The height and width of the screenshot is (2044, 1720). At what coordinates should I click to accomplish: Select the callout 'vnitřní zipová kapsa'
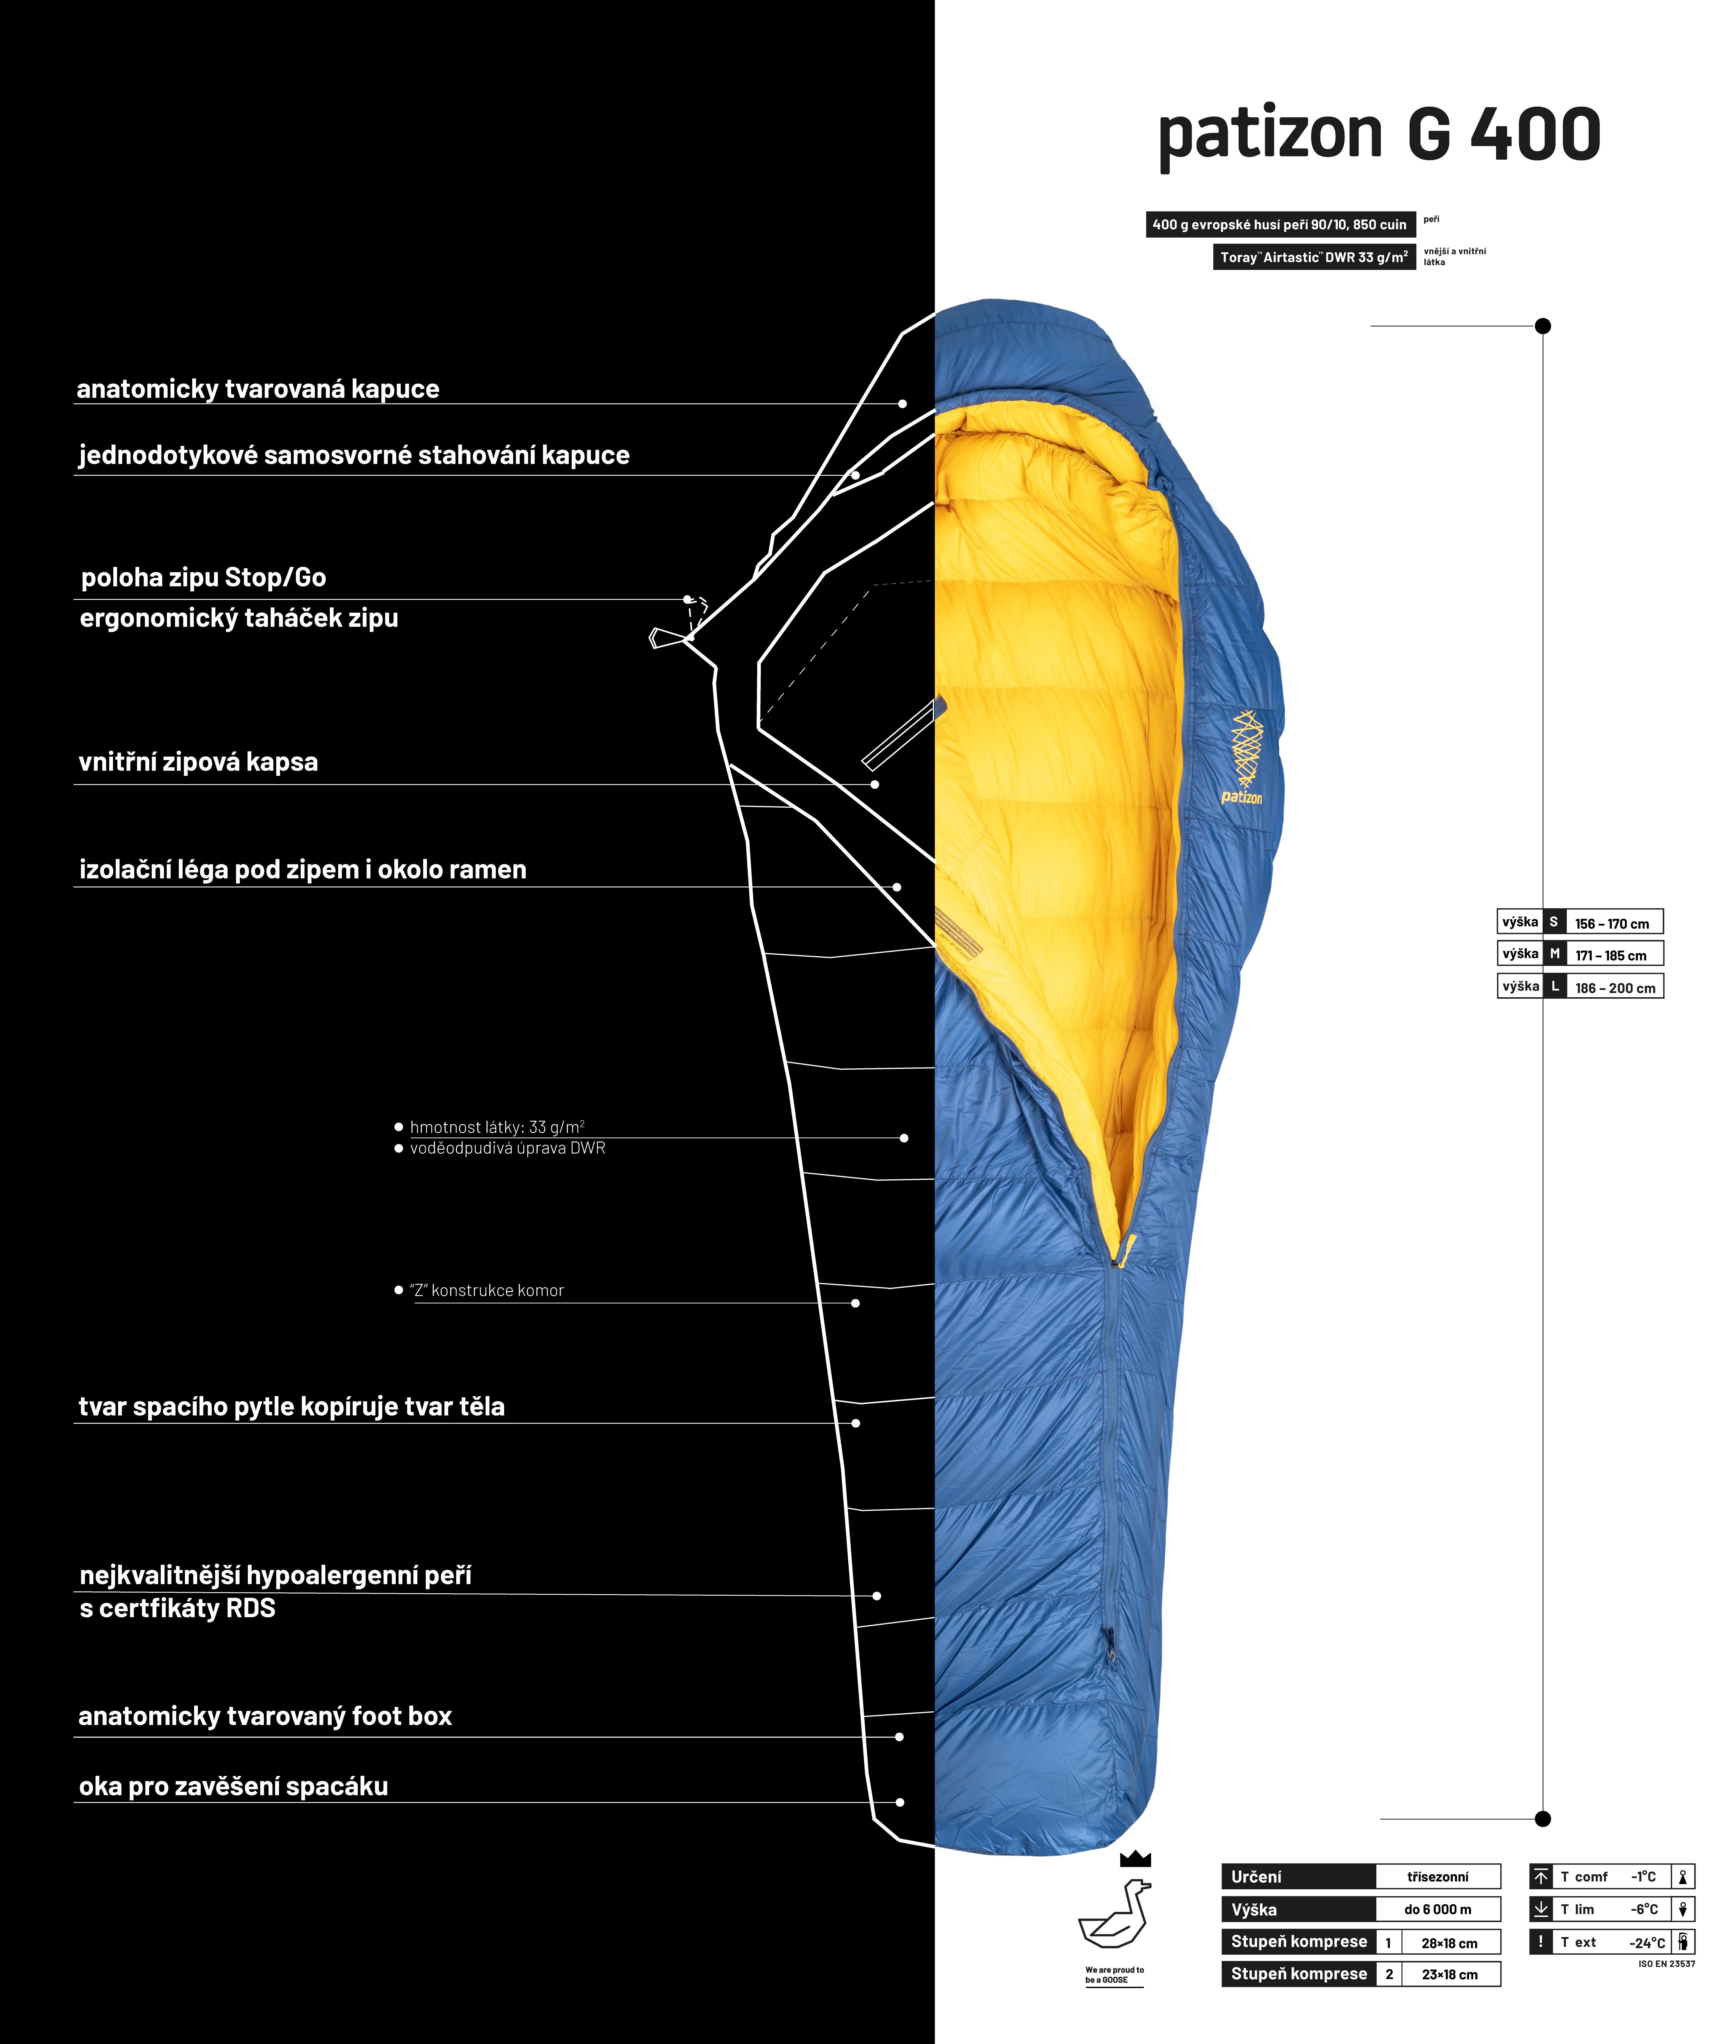coord(198,762)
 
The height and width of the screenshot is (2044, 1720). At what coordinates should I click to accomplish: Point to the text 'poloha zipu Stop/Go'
coord(203,577)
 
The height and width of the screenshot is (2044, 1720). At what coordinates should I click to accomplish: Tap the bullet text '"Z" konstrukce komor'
coord(487,1290)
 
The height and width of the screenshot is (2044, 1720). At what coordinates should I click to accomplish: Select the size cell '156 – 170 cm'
coord(1612,923)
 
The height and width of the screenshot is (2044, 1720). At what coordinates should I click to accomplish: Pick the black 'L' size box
coord(1554,986)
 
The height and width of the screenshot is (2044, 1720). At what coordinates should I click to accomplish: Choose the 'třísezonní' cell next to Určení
coord(1437,1876)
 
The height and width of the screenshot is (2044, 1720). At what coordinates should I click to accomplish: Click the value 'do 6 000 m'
coord(1437,1909)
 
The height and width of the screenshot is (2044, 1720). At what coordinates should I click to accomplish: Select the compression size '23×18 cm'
coord(1450,1975)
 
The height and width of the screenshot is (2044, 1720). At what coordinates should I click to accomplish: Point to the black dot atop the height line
coord(1543,326)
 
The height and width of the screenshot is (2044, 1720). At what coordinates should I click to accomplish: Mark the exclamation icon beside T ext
coord(1541,1942)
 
